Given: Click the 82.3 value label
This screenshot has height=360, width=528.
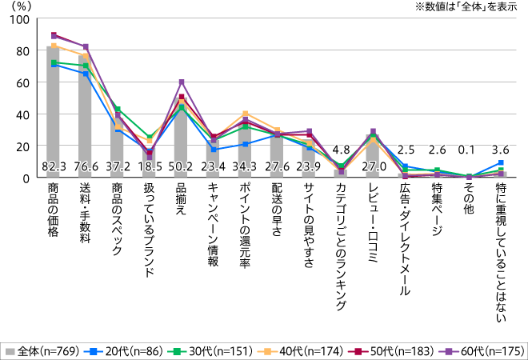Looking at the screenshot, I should (54, 166).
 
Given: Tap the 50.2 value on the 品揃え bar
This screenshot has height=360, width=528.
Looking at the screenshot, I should (182, 166).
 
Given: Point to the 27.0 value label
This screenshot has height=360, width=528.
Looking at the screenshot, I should (374, 166).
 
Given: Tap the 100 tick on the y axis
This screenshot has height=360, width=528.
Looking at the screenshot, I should (22, 18).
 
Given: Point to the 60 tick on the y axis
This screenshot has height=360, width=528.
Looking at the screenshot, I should (25, 82).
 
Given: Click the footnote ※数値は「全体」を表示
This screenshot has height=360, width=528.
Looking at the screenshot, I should (464, 8).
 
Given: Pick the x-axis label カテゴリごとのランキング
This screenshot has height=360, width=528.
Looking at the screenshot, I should (342, 241).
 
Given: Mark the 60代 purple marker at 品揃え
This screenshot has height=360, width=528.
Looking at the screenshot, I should (182, 82).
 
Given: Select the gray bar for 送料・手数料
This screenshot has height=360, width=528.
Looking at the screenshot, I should (86, 120).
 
